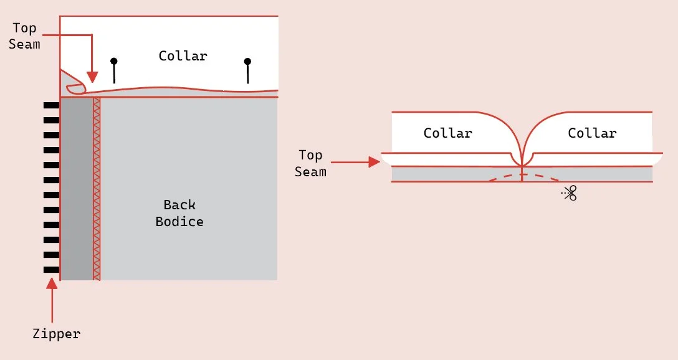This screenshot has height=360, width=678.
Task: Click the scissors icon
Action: pyautogui.click(x=570, y=193)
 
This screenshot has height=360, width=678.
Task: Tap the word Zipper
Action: pyautogui.click(x=57, y=334)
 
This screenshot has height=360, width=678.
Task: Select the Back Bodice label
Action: pyautogui.click(x=179, y=213)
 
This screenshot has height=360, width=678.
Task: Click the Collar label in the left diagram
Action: pyautogui.click(x=183, y=56)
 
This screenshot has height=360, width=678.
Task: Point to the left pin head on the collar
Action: pyautogui.click(x=113, y=62)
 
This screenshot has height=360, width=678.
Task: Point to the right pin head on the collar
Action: pyautogui.click(x=247, y=62)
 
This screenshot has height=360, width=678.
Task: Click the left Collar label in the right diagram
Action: pyautogui.click(x=447, y=133)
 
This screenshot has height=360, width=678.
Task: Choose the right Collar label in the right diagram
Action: pyautogui.click(x=592, y=133)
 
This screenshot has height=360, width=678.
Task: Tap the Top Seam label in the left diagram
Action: pyautogui.click(x=24, y=36)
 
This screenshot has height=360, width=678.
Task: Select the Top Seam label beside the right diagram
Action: pyautogui.click(x=310, y=163)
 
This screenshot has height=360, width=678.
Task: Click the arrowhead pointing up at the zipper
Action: pyautogui.click(x=52, y=285)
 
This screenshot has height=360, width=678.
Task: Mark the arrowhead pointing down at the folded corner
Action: pyautogui.click(x=92, y=77)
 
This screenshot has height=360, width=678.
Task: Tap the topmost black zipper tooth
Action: pyautogui.click(x=51, y=105)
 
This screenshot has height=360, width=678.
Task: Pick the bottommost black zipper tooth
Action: pyautogui.click(x=51, y=270)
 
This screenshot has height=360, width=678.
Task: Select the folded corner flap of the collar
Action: pyautogui.click(x=73, y=85)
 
